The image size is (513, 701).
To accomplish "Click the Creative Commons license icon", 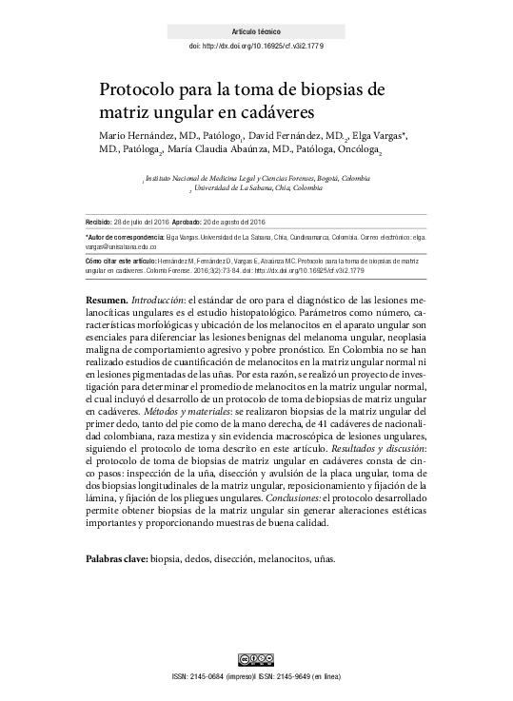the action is tap(256, 660).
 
